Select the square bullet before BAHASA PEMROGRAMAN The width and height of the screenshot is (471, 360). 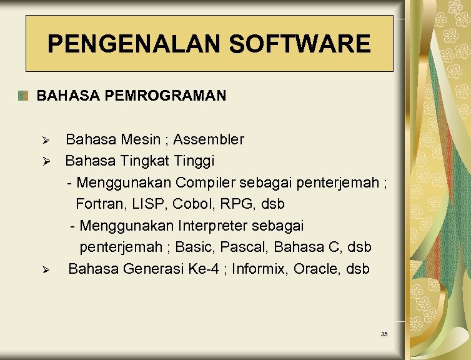(x=23, y=96)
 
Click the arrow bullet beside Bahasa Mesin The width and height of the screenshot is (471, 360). (x=44, y=139)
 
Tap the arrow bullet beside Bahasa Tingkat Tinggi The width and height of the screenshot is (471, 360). (x=44, y=161)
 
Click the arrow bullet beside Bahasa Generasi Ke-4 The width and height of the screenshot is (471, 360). (x=44, y=269)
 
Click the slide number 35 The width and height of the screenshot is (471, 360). (x=384, y=334)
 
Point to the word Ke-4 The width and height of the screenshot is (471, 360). (x=202, y=269)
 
